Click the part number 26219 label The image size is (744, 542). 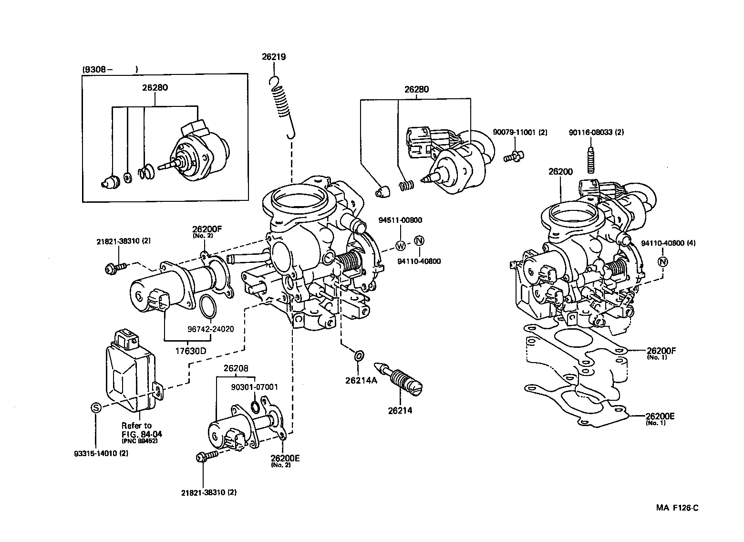(x=273, y=57)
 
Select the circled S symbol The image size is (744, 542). (x=95, y=407)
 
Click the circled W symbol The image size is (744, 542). (x=401, y=246)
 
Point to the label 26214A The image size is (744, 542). (x=361, y=380)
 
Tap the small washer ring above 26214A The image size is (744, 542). (x=359, y=356)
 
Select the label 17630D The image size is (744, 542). (x=190, y=351)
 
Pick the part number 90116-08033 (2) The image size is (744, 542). (x=597, y=132)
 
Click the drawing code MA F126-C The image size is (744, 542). (x=677, y=508)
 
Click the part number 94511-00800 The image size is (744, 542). (x=401, y=220)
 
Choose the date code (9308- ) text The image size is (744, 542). (x=111, y=70)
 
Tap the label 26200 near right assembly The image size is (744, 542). (x=560, y=172)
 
